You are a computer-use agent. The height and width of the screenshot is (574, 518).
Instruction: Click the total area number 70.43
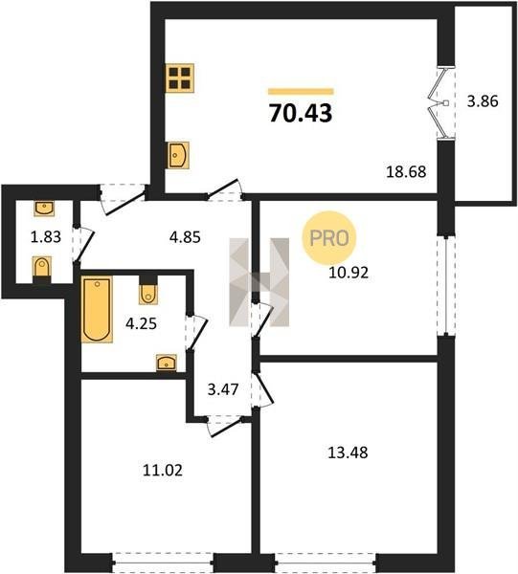tap(301, 113)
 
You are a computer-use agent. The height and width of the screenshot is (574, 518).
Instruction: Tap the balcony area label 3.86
tap(483, 101)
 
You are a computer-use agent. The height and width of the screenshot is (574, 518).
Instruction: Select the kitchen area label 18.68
tap(406, 171)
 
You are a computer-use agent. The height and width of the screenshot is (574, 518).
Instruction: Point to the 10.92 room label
tap(349, 273)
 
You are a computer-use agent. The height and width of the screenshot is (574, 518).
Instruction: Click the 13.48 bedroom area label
tap(348, 453)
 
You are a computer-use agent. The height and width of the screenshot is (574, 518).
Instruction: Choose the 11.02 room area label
tap(162, 471)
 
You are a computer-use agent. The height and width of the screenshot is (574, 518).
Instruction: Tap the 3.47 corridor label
tap(223, 389)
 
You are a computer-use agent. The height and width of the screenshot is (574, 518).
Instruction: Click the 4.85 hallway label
tap(185, 237)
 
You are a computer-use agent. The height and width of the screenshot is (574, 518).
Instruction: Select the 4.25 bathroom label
tap(141, 323)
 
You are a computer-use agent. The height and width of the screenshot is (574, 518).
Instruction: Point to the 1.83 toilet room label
tap(45, 237)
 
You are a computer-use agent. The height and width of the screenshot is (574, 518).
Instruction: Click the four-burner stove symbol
tap(179, 78)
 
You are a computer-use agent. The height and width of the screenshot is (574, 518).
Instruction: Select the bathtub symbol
tap(97, 309)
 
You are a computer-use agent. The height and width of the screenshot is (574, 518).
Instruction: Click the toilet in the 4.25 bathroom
tap(148, 290)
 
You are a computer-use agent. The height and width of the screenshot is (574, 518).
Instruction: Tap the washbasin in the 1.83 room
tap(44, 208)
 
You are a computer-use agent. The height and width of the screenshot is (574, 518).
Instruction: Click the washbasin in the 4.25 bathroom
tap(167, 363)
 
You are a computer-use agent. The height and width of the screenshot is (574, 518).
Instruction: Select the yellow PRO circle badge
tap(329, 238)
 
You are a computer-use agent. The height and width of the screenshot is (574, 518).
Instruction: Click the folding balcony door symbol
tap(441, 103)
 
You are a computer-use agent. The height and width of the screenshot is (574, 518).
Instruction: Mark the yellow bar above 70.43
tap(301, 91)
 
